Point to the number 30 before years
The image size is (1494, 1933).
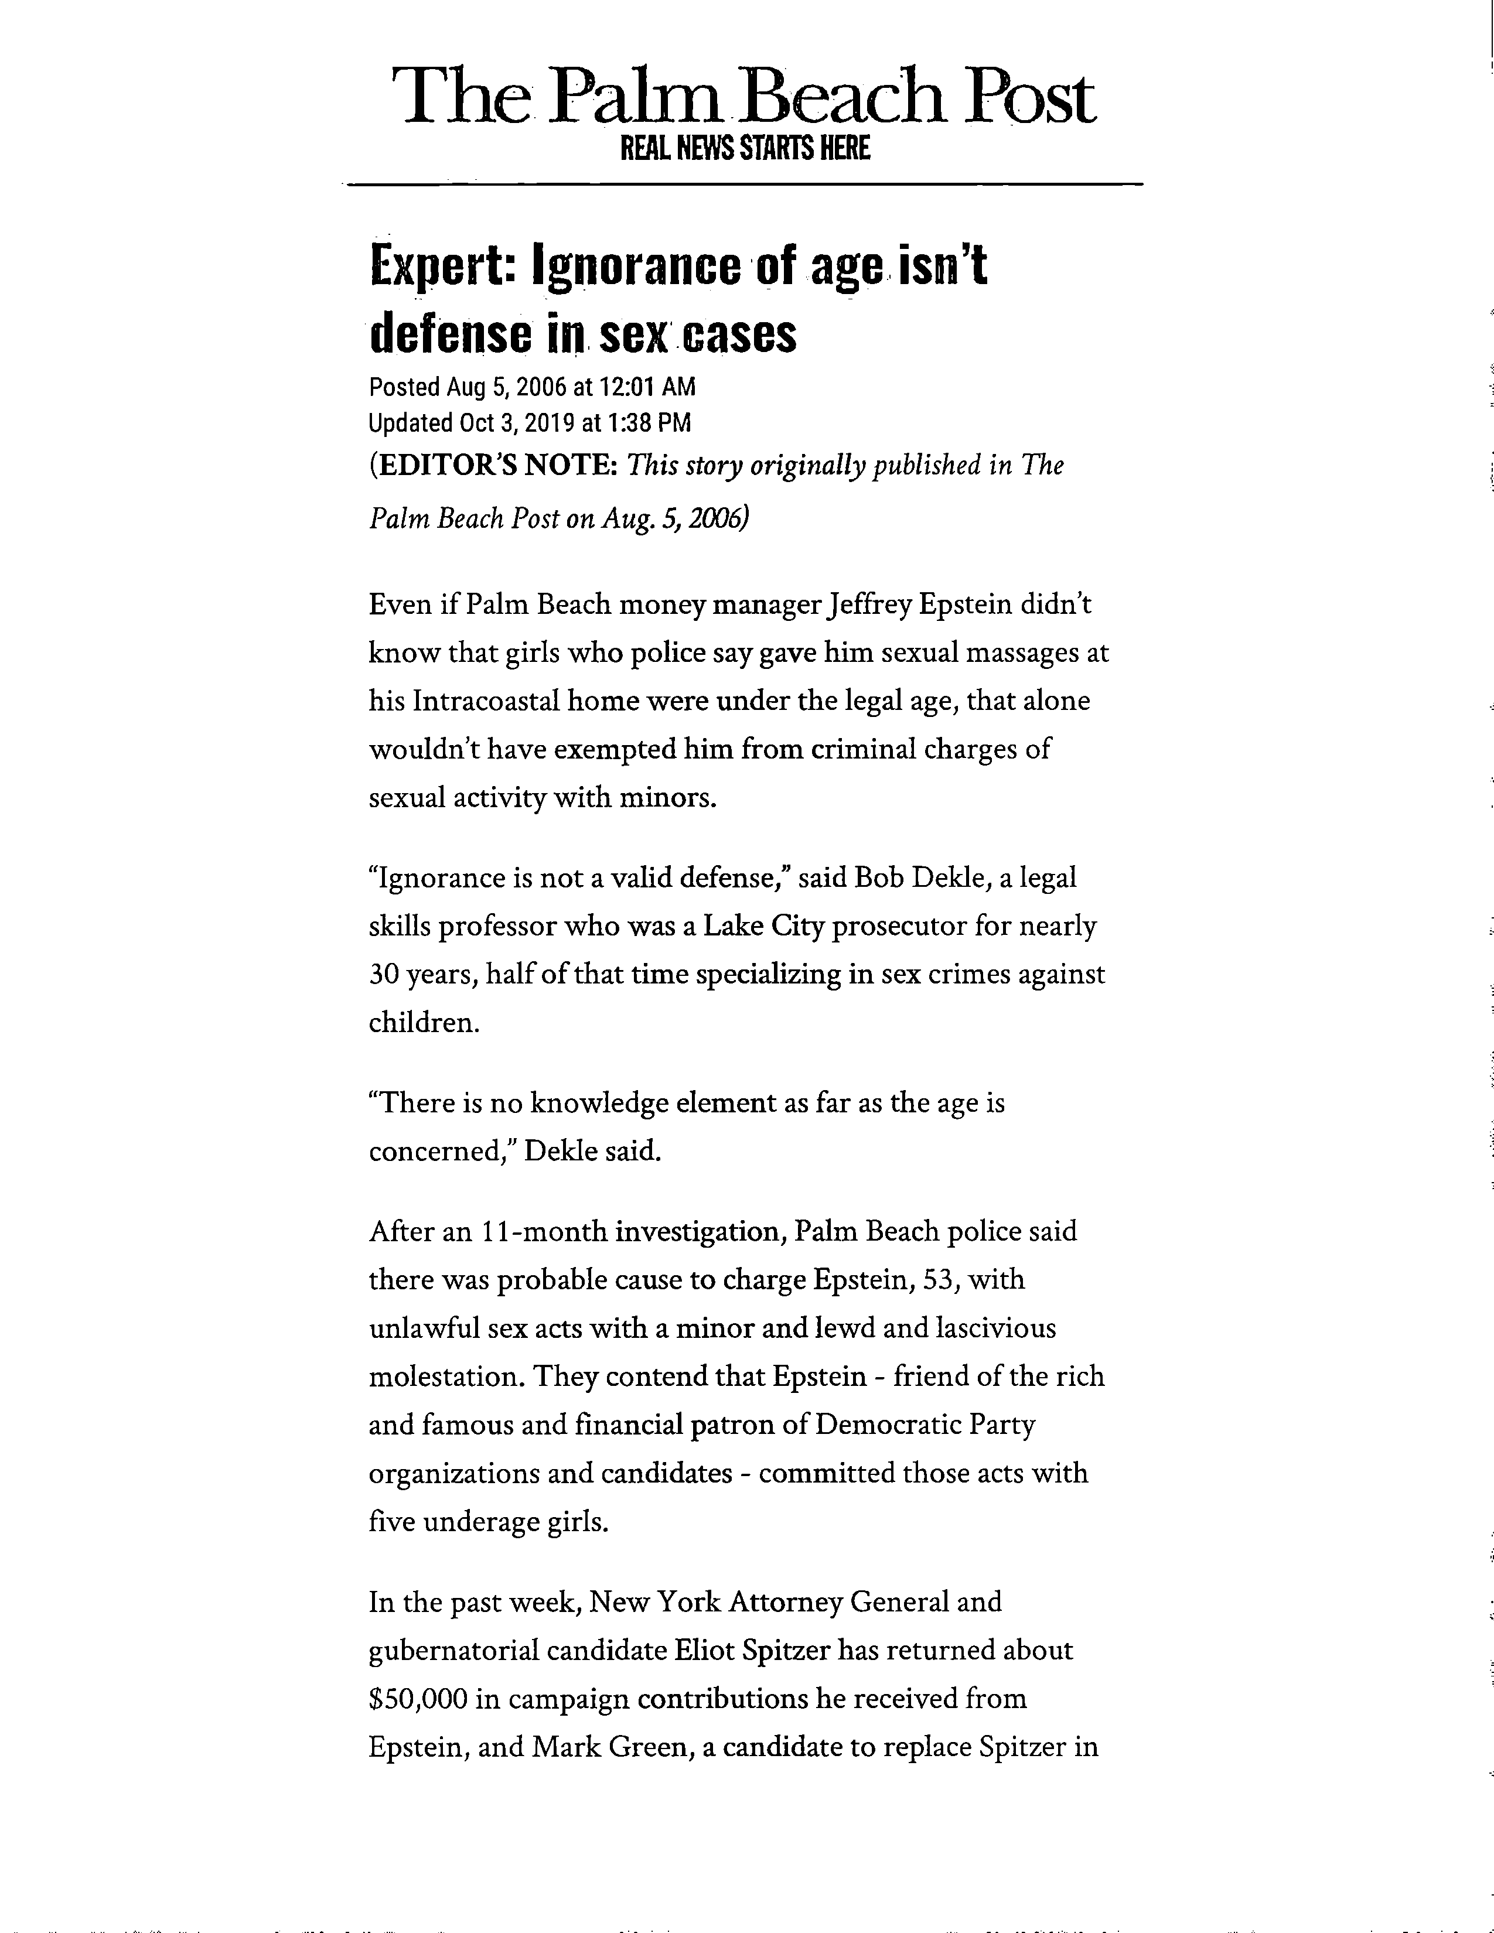tap(384, 975)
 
